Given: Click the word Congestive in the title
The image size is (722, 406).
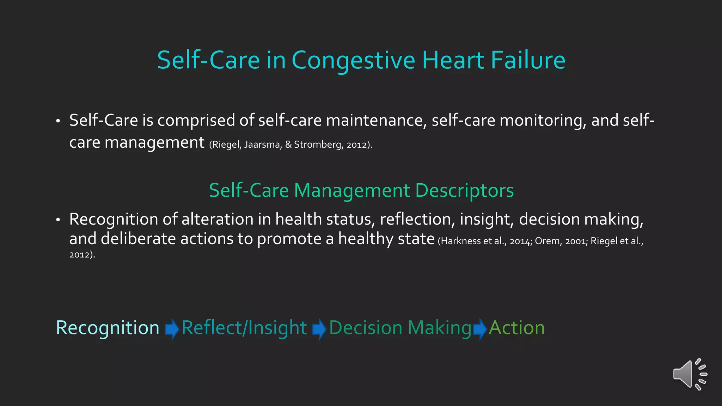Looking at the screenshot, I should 353,61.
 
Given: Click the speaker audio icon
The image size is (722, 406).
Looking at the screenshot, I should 690,374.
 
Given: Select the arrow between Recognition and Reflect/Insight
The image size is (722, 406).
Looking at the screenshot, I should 172,328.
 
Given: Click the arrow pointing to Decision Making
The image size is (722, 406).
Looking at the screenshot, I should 319,328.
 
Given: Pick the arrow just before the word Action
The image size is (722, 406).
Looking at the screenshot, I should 480,328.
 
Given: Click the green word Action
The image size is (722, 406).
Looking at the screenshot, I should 517,328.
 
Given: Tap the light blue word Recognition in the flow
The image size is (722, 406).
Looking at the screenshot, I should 108,328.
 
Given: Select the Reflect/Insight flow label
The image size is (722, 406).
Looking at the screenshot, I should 244,328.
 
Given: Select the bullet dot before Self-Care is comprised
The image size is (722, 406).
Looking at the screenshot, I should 58,121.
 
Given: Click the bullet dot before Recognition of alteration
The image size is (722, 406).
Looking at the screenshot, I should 58,220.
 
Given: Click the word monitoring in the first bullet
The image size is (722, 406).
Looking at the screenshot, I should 543,121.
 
